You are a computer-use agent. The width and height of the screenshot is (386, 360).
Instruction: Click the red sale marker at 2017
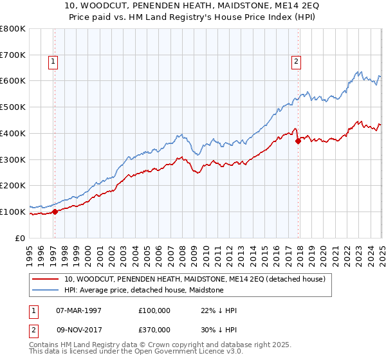tap(298, 141)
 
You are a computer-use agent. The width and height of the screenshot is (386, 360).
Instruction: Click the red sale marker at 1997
tap(55, 211)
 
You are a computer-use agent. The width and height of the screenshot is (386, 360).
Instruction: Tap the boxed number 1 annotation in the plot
tap(52, 62)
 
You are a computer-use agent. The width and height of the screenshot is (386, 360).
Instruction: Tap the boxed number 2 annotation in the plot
tap(295, 62)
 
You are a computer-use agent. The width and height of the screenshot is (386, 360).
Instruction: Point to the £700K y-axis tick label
tap(13, 55)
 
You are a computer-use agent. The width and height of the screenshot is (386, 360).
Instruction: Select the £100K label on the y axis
tap(13, 212)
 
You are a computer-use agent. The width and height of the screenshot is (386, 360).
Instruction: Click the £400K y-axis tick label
tap(13, 133)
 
